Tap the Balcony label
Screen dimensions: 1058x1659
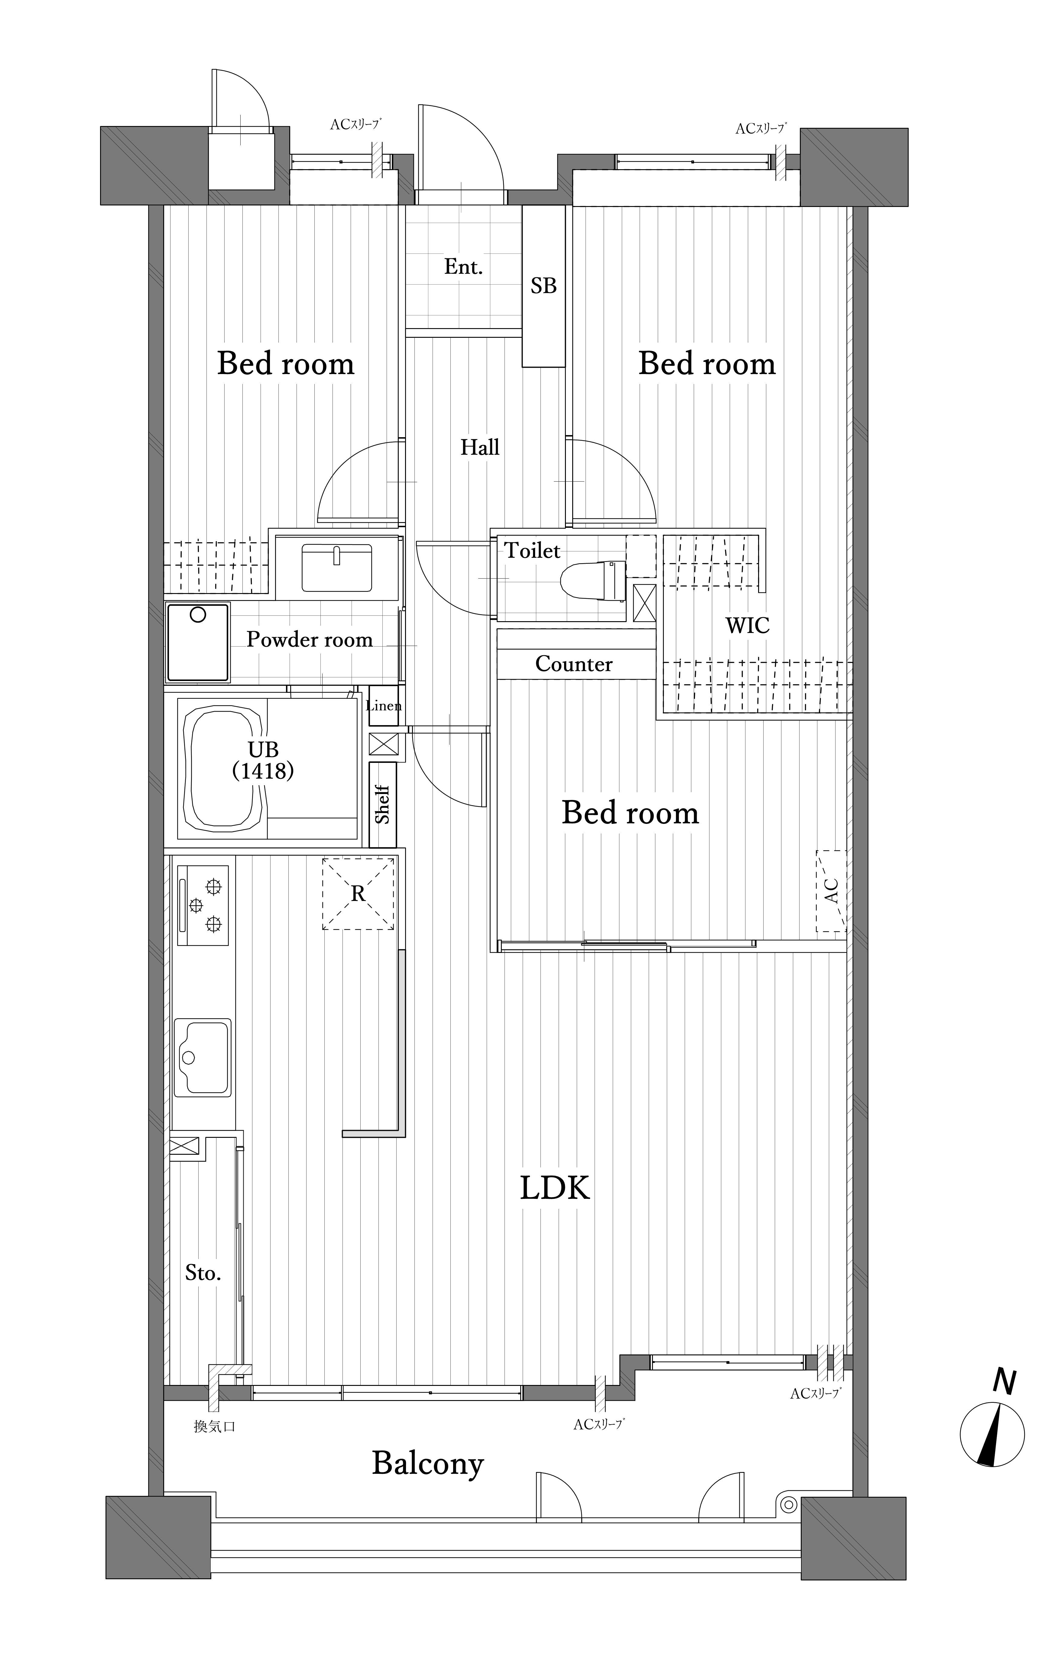click(428, 1463)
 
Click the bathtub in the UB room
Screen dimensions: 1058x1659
click(224, 768)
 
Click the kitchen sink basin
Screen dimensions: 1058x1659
click(203, 1057)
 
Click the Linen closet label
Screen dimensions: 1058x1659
click(384, 705)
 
